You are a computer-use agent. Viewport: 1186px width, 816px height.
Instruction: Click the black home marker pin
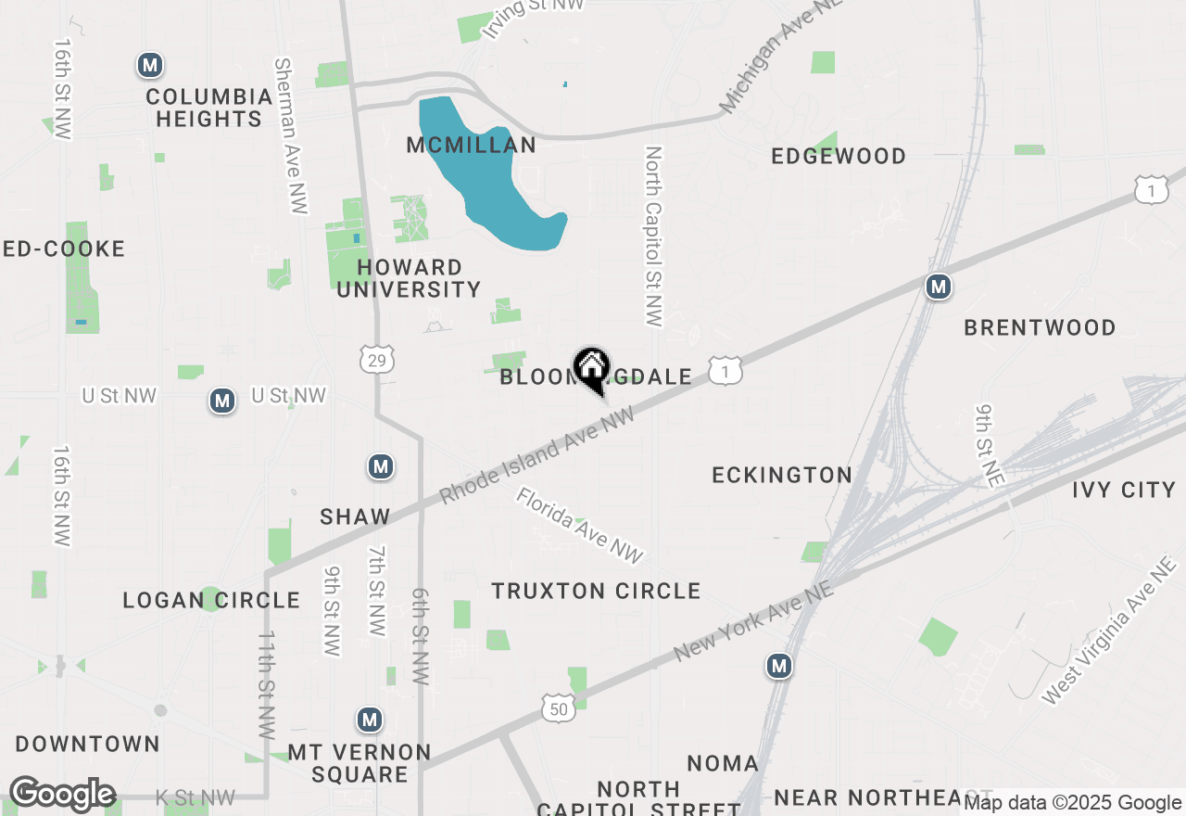point(591,369)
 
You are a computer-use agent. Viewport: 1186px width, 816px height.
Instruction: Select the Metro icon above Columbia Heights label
point(150,65)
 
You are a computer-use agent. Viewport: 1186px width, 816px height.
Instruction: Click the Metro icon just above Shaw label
point(380,465)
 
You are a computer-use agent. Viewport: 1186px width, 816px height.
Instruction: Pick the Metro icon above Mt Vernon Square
point(370,720)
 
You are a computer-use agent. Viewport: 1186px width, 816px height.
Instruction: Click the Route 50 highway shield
point(560,708)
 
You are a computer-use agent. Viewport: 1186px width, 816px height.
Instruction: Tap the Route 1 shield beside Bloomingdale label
point(725,371)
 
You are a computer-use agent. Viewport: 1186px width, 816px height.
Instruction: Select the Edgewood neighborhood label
point(839,156)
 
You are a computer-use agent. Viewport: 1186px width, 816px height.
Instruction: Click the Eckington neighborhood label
point(782,475)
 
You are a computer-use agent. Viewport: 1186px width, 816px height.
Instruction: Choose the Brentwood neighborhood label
point(1040,327)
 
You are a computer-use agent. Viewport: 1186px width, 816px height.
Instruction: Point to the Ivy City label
point(1123,490)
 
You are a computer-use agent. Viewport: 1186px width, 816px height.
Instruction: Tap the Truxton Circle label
point(596,591)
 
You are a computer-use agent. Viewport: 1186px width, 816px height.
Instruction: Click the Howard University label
point(409,278)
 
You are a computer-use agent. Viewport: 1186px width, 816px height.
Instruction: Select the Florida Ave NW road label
point(579,526)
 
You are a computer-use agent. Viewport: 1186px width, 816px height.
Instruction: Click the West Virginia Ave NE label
point(1107,631)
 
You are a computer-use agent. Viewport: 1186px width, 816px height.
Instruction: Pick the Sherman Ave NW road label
point(290,136)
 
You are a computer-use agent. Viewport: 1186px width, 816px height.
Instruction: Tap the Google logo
point(62,795)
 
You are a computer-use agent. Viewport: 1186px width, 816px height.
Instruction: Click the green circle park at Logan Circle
point(211,599)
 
